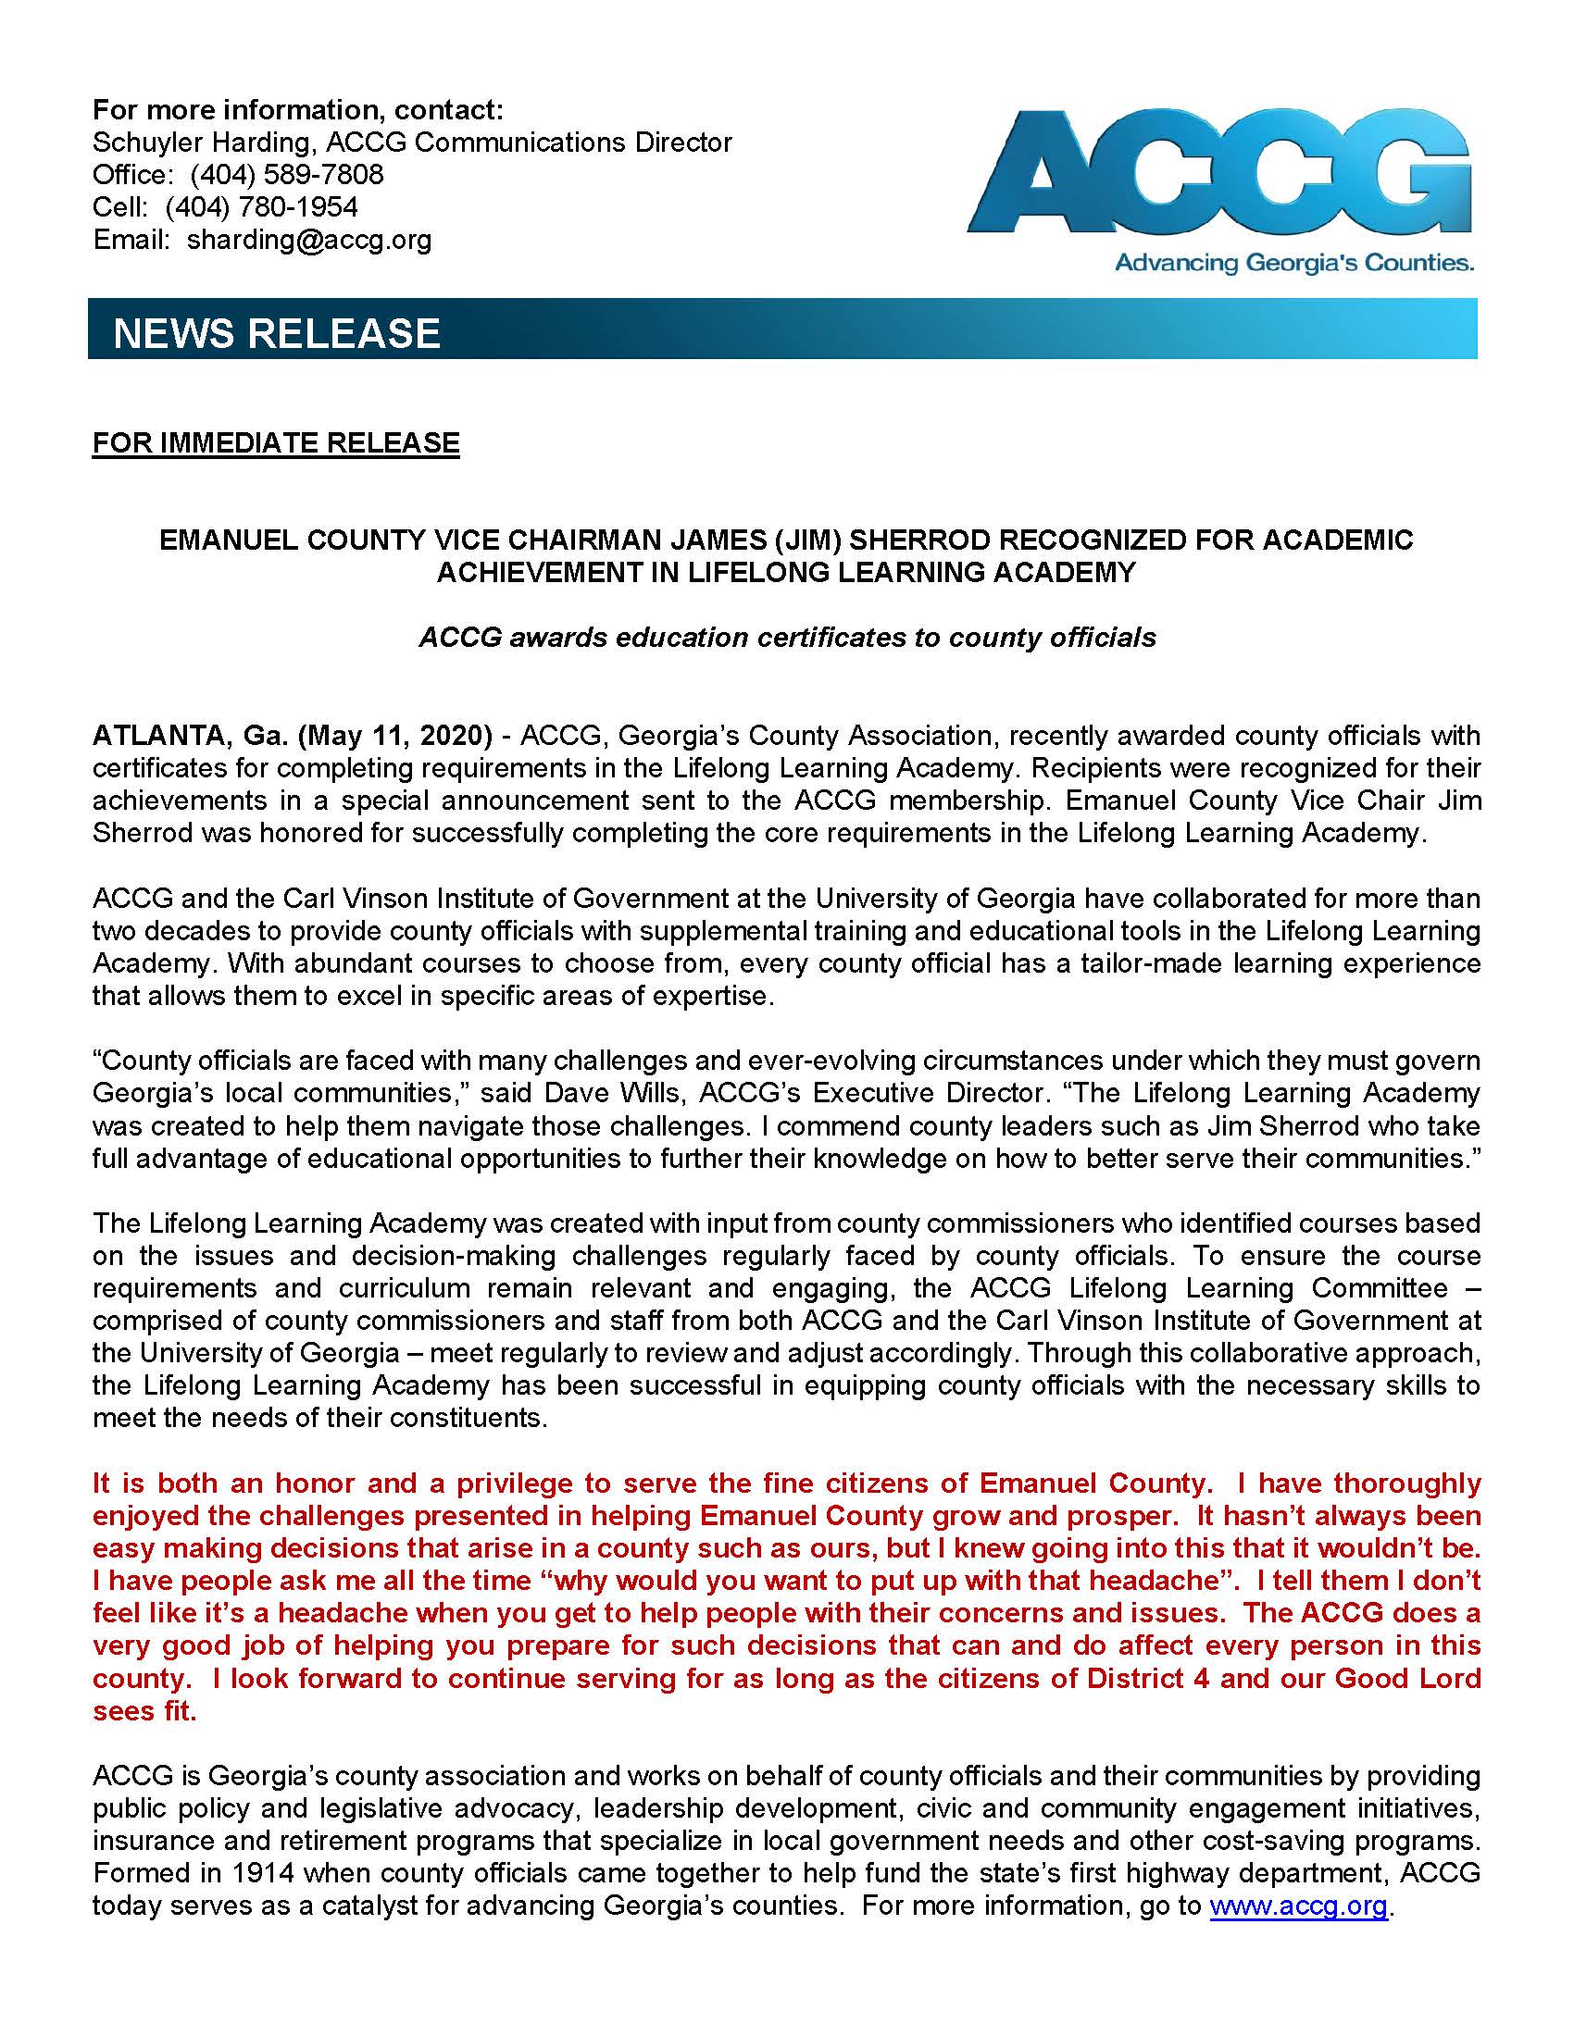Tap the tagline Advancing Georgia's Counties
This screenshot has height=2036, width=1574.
coord(1294,264)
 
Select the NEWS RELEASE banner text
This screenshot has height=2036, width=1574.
coord(276,333)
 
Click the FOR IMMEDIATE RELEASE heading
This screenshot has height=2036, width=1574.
coord(276,442)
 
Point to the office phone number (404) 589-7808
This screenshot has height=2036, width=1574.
coord(286,174)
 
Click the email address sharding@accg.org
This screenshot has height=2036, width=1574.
coord(308,240)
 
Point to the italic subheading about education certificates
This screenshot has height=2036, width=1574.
coord(787,637)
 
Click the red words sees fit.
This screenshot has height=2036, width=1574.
coord(144,1710)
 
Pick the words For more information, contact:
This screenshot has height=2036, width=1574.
coord(297,110)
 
